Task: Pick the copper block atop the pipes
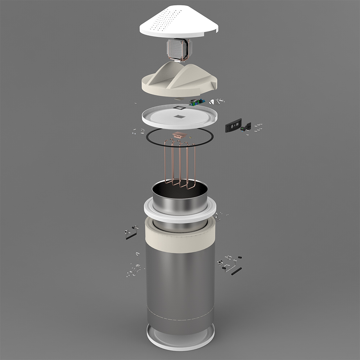click(179, 135)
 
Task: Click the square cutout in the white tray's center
click(179, 116)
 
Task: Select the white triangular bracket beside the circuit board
click(212, 102)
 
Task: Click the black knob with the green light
click(247, 127)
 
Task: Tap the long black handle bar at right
click(237, 271)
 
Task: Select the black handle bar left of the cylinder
click(131, 236)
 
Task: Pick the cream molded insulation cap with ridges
click(179, 81)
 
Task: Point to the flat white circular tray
click(158, 119)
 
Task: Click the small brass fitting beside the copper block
click(190, 137)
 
